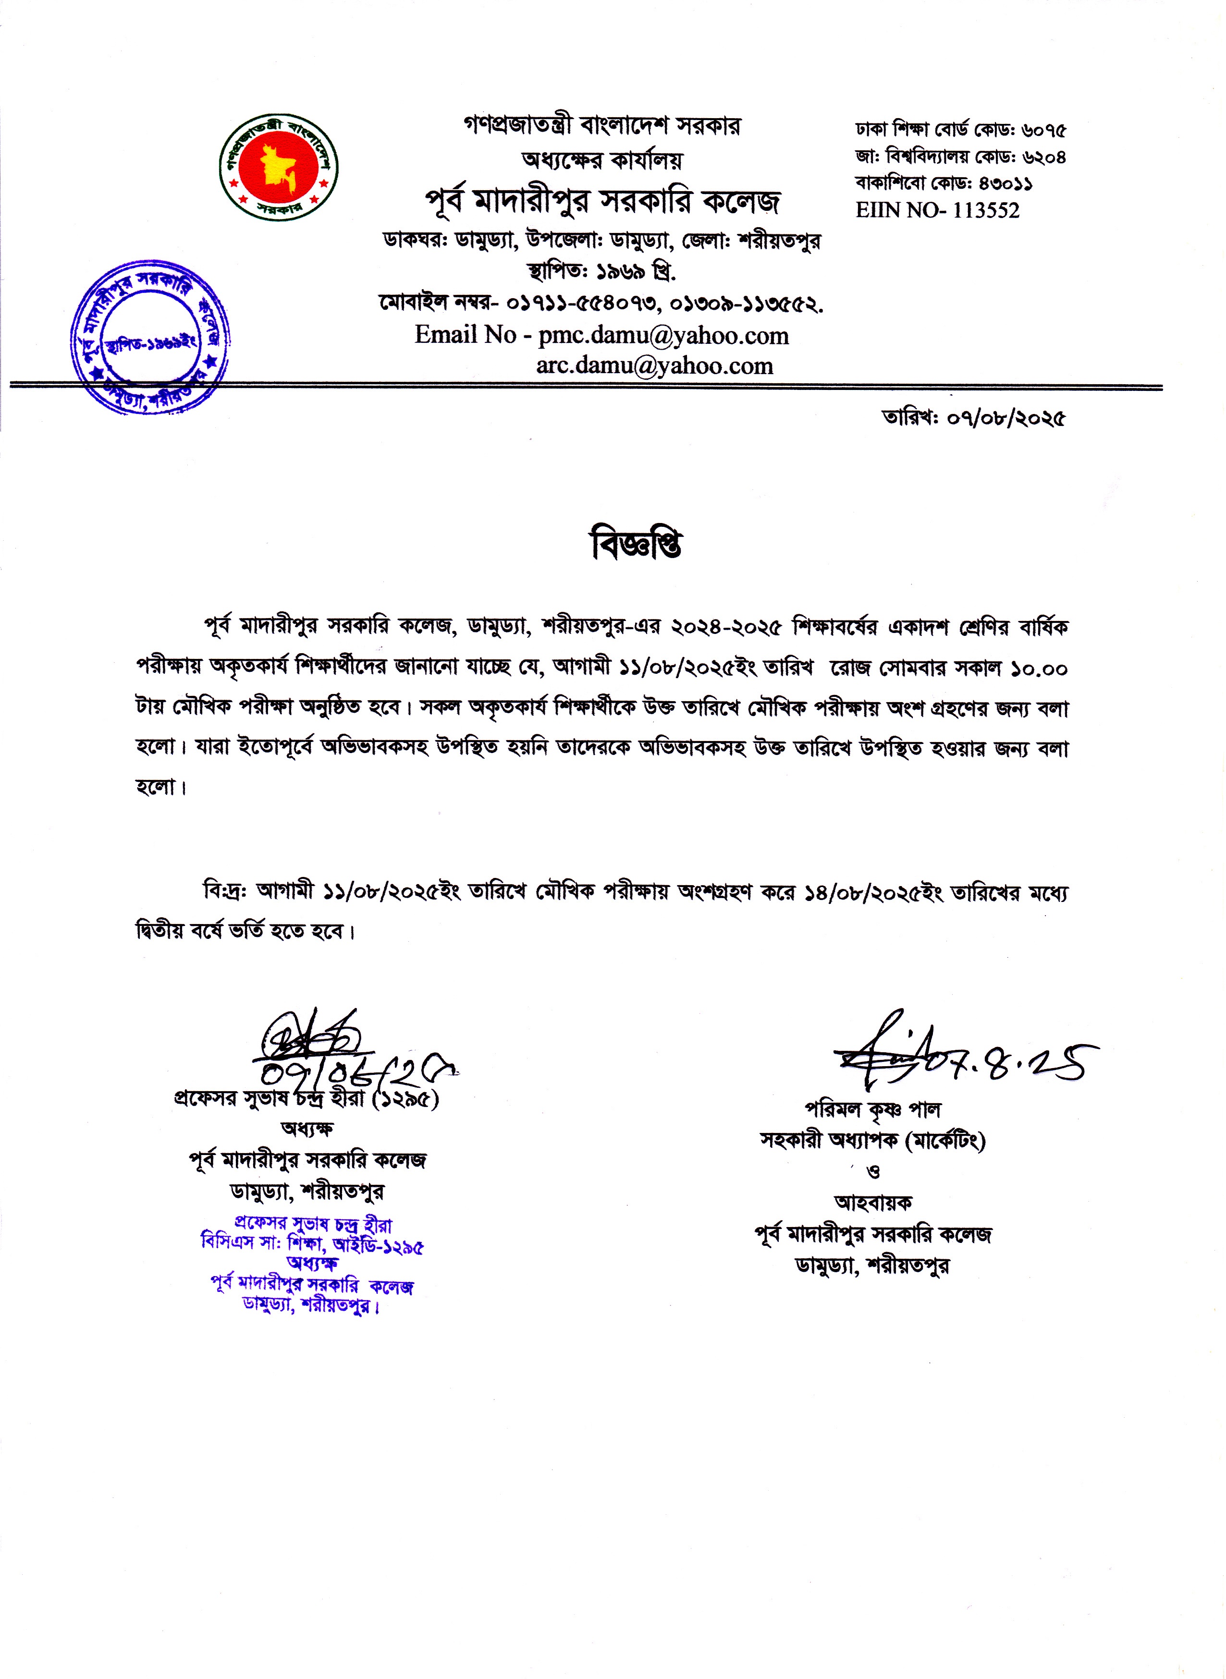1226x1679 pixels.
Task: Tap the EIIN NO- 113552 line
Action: pyautogui.click(x=937, y=211)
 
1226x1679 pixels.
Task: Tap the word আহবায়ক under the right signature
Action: pyautogui.click(x=873, y=1202)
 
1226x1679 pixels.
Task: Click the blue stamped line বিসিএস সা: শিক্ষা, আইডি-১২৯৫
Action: pyautogui.click(x=312, y=1245)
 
